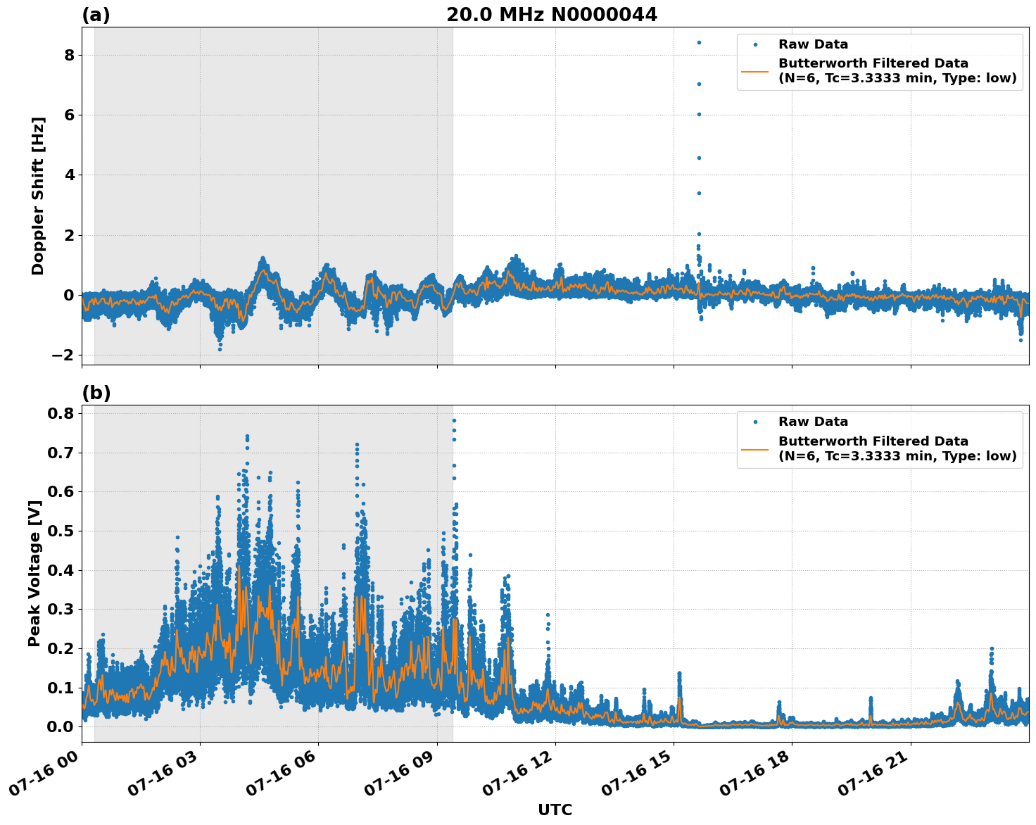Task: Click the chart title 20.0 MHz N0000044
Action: click(x=551, y=15)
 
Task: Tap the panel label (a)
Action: click(x=96, y=15)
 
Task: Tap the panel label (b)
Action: click(x=96, y=393)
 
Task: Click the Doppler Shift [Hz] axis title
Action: click(x=38, y=196)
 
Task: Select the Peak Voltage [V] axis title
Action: click(x=34, y=573)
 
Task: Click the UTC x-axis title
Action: click(x=555, y=810)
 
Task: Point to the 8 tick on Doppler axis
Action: click(x=69, y=55)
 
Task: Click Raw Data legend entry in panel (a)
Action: click(x=813, y=44)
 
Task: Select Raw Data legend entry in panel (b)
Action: click(x=813, y=422)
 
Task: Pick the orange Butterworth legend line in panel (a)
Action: click(x=755, y=71)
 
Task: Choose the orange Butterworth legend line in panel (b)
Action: click(x=755, y=448)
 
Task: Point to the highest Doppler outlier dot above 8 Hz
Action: click(x=699, y=42)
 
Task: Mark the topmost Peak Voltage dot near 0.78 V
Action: click(x=454, y=420)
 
